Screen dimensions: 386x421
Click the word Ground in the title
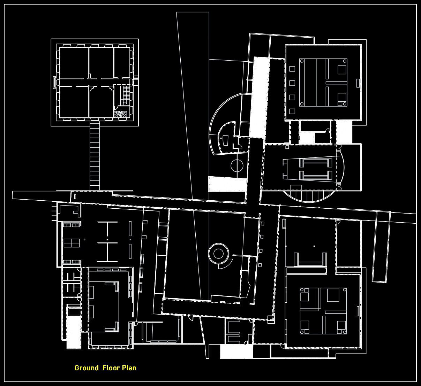[87, 368]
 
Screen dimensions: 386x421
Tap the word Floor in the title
[111, 368]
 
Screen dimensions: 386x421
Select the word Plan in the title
[129, 368]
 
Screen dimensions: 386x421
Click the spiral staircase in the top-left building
[121, 114]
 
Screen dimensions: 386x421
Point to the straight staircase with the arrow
[126, 94]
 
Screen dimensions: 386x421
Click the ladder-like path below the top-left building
[95, 155]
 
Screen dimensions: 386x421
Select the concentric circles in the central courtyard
[218, 253]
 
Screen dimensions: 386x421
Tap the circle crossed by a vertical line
[237, 165]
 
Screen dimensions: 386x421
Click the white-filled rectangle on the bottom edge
[236, 352]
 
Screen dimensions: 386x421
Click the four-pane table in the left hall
[72, 242]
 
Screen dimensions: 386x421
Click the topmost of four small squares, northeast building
[292, 69]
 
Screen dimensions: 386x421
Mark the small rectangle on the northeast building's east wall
[358, 83]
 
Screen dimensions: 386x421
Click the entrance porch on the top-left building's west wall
[54, 82]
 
